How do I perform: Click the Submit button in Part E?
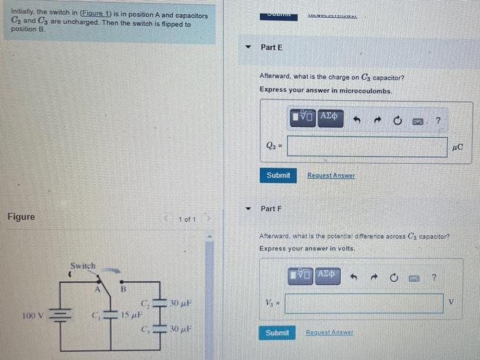278,176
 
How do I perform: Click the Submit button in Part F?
277,333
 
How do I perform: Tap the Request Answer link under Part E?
331,176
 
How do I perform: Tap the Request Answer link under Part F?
329,333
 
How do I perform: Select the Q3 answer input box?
367,147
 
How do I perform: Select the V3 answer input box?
363,303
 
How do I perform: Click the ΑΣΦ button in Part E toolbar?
328,117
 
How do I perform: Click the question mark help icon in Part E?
438,121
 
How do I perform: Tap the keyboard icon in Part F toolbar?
413,278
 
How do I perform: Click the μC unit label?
459,147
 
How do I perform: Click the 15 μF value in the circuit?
132,315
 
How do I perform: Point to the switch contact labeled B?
124,289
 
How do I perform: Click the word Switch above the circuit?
83,265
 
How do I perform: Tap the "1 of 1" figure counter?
187,219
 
